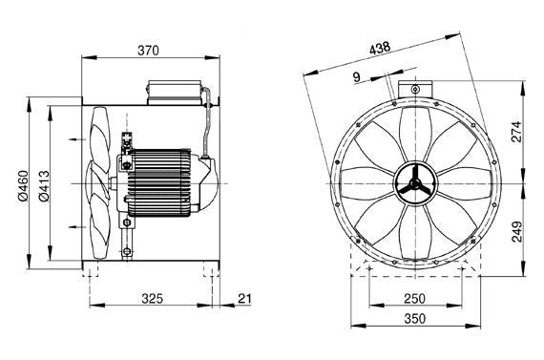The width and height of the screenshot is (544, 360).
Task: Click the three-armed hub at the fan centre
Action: click(x=414, y=183)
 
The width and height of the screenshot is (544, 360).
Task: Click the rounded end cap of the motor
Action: click(x=212, y=180)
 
